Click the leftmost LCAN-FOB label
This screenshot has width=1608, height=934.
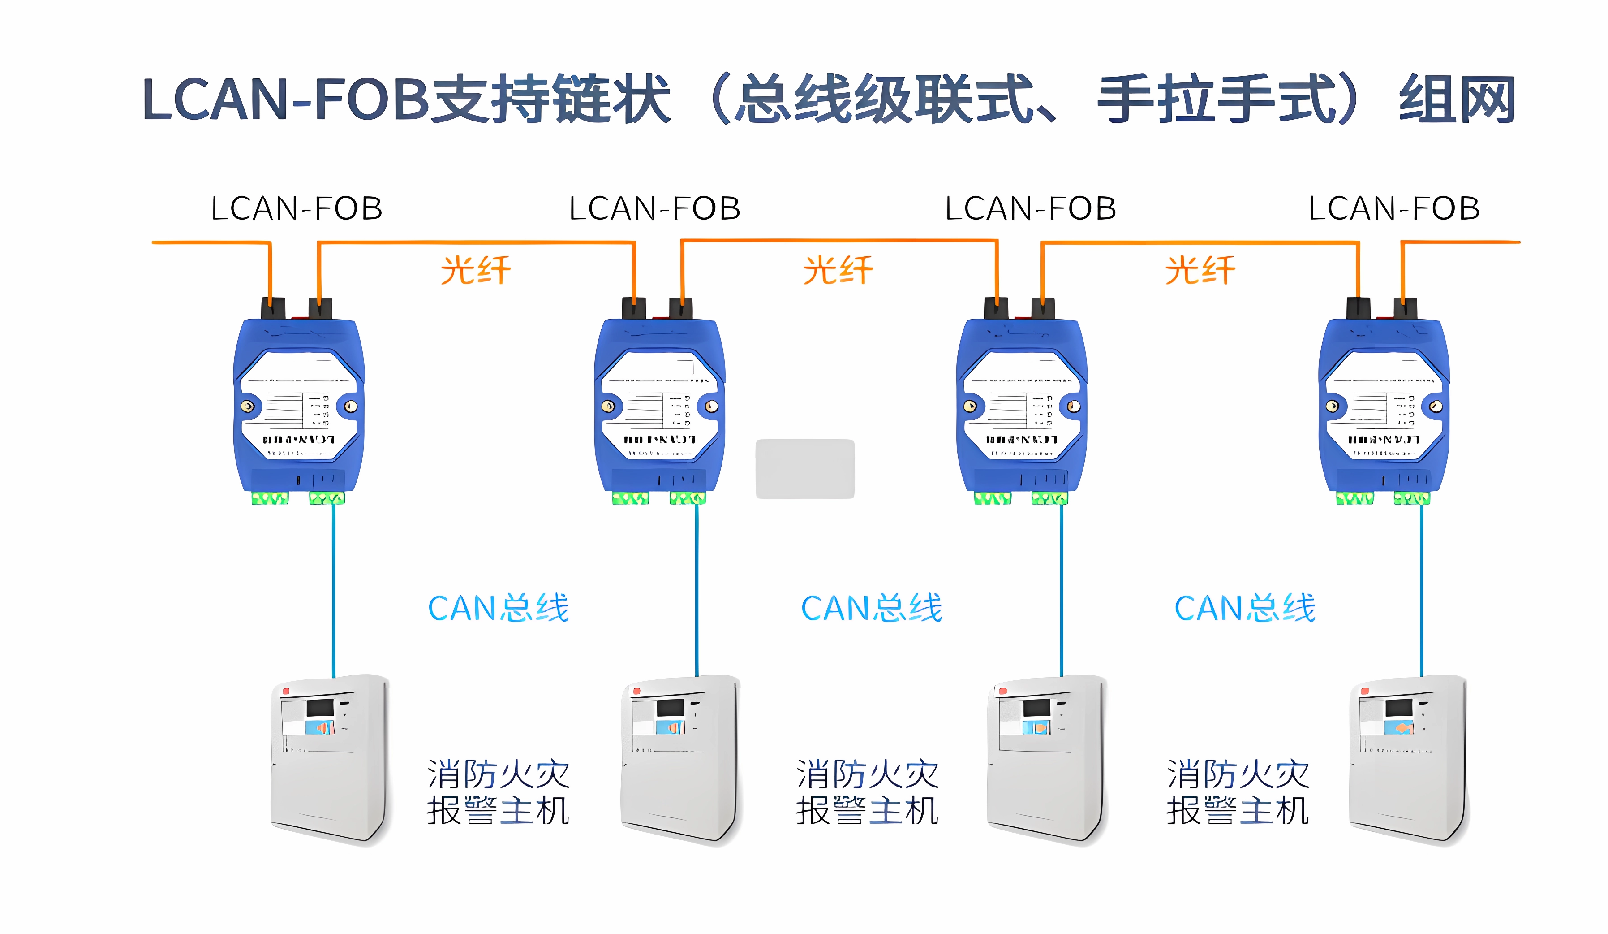(297, 209)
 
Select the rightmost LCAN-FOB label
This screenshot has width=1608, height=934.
(1394, 209)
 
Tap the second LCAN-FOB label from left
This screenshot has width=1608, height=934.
(655, 209)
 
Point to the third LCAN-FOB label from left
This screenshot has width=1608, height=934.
(1031, 209)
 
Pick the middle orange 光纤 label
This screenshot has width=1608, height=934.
(838, 270)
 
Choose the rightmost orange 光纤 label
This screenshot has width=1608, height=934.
(1200, 270)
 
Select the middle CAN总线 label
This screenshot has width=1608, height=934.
(872, 608)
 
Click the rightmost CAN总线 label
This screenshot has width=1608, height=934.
(1245, 608)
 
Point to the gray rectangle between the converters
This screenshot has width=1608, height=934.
(804, 469)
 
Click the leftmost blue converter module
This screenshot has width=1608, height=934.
(299, 409)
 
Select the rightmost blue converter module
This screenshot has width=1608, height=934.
(1384, 409)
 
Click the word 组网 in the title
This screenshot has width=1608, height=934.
(1457, 99)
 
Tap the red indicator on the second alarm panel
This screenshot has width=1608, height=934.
(636, 691)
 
